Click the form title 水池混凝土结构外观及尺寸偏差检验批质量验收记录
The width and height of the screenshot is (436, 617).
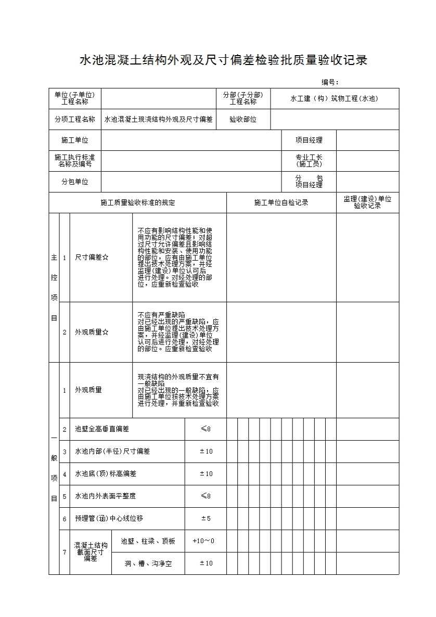pos(223,60)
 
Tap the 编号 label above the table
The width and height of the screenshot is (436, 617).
pos(330,82)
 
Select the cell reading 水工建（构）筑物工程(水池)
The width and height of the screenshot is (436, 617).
pos(335,98)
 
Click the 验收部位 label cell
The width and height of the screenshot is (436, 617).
pos(243,119)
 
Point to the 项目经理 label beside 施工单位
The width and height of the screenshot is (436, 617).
pos(309,140)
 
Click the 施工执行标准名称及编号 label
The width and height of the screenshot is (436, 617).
pos(75,160)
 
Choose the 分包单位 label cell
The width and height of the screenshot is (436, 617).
pos(75,182)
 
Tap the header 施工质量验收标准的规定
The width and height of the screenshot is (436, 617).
pos(138,202)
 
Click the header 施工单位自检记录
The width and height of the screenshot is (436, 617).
pos(281,202)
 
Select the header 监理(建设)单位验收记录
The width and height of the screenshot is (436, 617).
pos(367,202)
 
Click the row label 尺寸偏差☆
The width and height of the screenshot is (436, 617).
pos(92,257)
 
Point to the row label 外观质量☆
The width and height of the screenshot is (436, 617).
pos(92,332)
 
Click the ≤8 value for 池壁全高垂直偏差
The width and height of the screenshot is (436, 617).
pos(206,429)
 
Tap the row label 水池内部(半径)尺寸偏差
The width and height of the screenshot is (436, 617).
pos(112,452)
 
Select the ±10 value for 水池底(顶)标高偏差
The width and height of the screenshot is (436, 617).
pos(206,474)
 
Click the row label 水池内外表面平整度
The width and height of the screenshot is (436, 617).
pos(106,496)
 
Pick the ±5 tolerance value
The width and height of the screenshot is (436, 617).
pos(206,519)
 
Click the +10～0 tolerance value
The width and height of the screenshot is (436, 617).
pos(203,541)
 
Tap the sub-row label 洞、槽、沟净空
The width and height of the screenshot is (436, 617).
pos(148,563)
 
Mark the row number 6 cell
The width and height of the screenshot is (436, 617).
pos(65,519)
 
